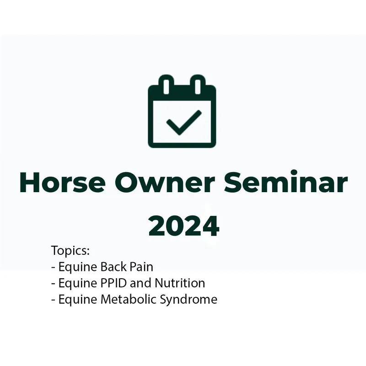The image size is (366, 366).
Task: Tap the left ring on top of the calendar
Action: (167, 85)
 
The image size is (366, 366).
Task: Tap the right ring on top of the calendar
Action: (198, 85)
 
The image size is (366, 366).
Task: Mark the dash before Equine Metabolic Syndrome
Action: (53, 300)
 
